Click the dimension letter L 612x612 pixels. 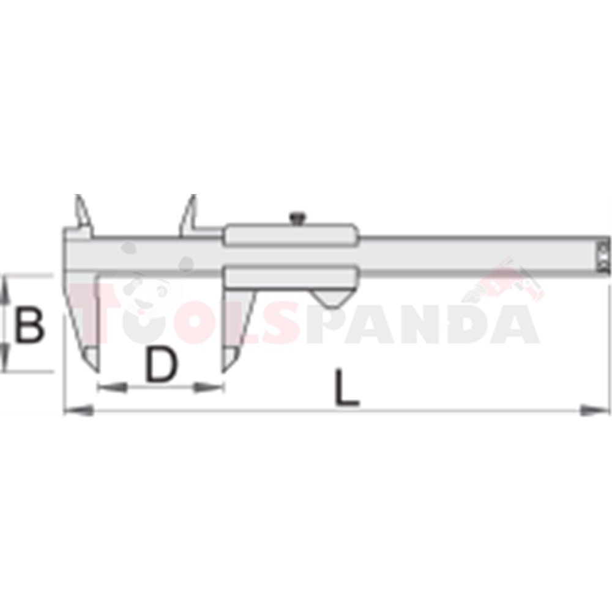[x=346, y=387]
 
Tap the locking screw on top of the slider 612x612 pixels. [x=297, y=218]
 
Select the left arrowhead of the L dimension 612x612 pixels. [x=79, y=410]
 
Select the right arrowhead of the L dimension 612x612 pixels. [x=594, y=410]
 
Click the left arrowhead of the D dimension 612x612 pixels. [x=113, y=387]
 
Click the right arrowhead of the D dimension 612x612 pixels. [x=209, y=387]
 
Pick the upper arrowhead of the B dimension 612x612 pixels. [x=4, y=289]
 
